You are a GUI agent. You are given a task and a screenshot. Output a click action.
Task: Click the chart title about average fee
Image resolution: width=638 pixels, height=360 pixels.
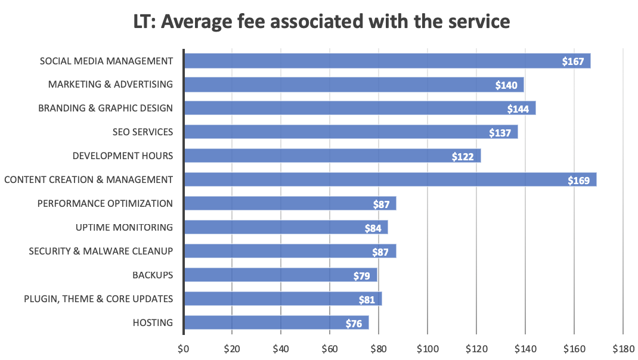coord(321,22)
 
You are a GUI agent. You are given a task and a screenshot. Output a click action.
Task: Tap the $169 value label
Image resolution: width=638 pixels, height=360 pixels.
coord(581,180)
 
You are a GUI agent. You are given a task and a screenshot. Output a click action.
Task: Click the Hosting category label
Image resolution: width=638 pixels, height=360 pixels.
coord(153,322)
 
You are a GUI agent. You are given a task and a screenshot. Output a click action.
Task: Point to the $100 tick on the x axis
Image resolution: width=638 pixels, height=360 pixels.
coord(427,347)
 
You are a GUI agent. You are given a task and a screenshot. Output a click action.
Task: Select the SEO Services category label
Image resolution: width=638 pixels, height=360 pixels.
coord(143,132)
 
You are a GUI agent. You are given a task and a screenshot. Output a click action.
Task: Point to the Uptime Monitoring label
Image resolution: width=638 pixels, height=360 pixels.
coord(124,227)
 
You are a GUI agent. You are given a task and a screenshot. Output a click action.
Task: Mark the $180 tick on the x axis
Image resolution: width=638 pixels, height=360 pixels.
coord(622,347)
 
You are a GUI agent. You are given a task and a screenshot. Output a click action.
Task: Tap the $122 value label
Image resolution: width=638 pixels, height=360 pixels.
coord(463,157)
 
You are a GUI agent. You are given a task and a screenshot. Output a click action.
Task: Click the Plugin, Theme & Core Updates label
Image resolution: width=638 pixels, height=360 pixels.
coord(98,299)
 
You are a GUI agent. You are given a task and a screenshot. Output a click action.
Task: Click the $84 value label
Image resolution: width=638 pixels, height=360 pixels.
coord(373,228)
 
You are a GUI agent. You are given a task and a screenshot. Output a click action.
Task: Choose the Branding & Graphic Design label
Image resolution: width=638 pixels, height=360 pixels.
coord(106,108)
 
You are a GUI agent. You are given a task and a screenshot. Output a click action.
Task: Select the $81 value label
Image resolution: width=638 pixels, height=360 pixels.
coord(367,300)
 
